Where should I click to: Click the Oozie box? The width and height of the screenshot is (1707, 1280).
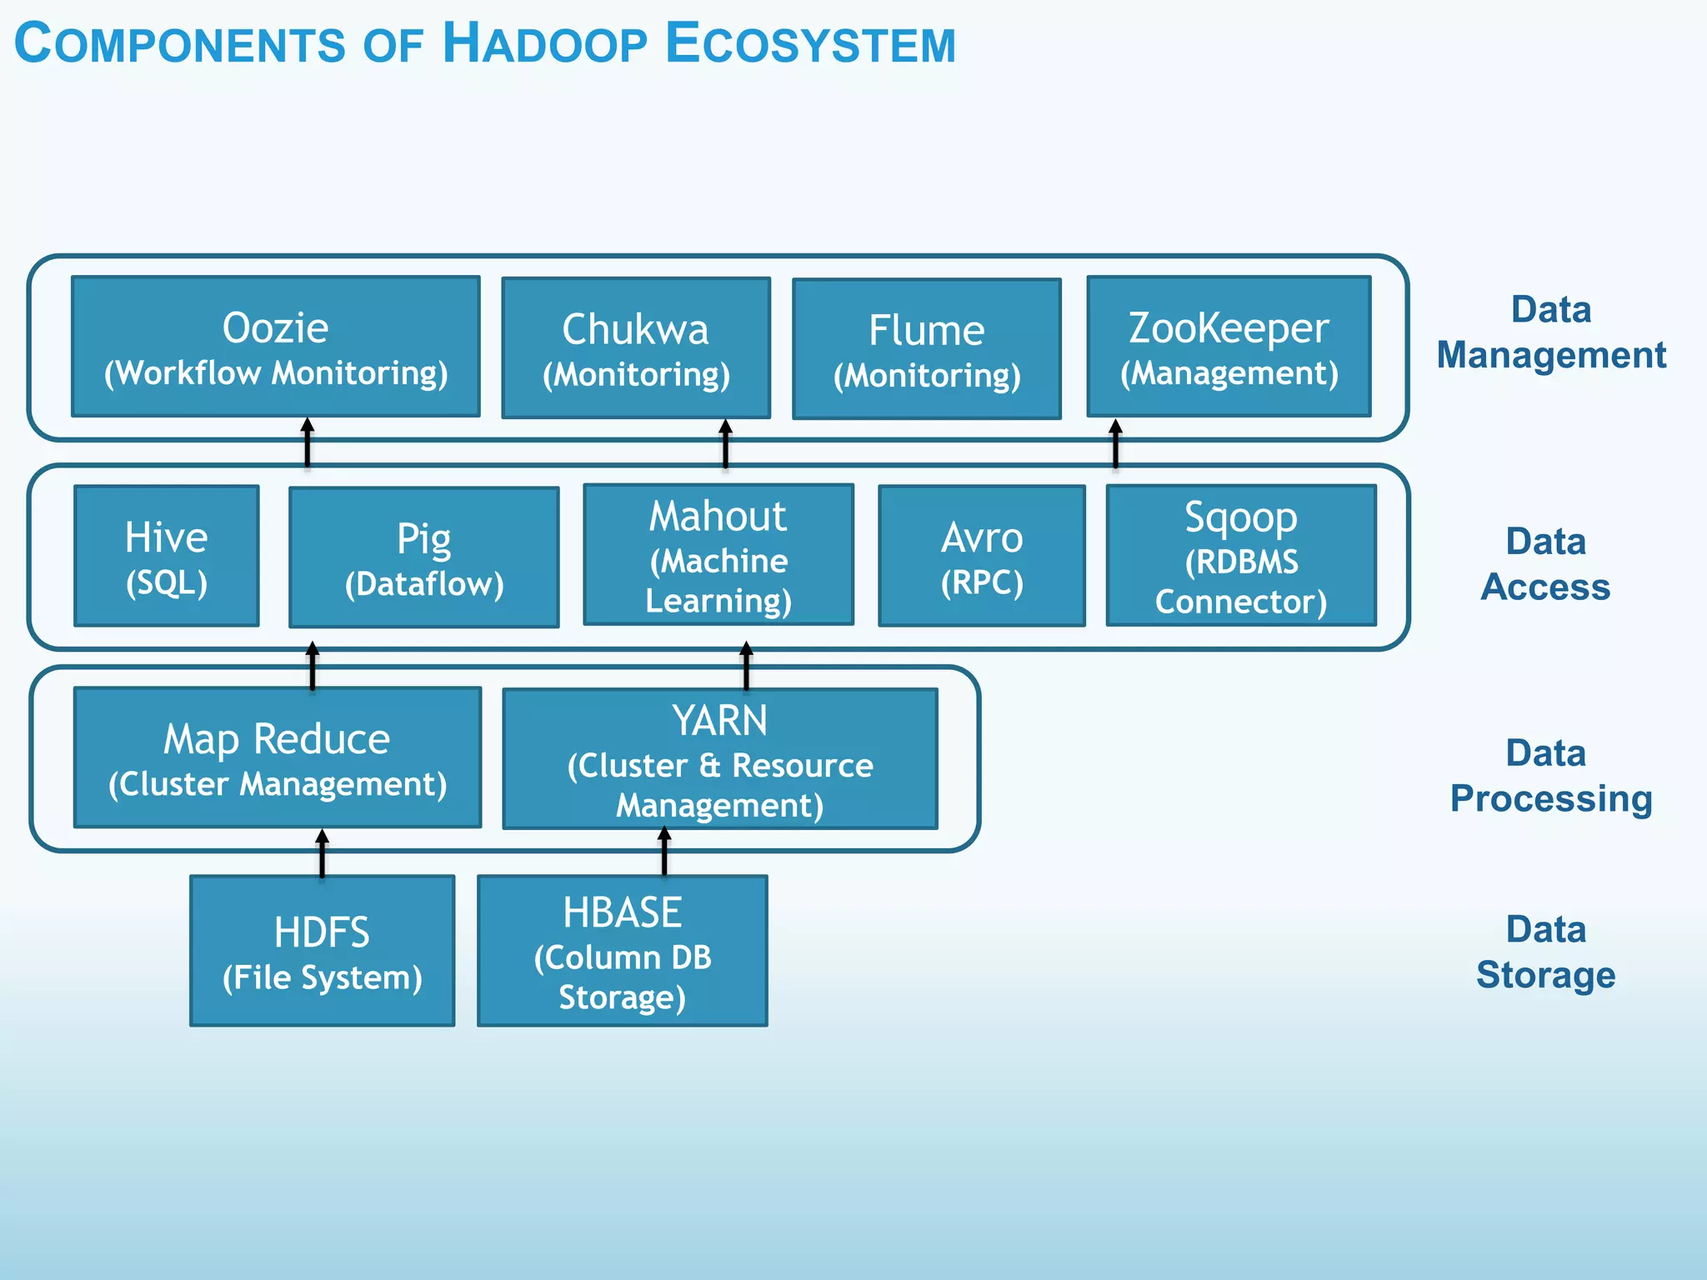tap(276, 347)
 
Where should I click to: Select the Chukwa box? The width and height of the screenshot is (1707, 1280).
tap(636, 348)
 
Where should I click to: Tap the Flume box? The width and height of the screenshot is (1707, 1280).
tap(927, 349)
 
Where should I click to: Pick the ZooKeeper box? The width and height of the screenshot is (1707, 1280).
tap(1229, 347)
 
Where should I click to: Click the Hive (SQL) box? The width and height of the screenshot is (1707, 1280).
tap(167, 556)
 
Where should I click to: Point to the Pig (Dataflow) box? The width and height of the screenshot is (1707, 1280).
tap(423, 557)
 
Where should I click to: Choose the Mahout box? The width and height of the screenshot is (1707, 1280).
tap(718, 555)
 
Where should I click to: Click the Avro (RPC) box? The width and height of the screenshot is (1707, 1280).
tap(982, 556)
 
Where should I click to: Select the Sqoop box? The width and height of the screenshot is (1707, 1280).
tap(1241, 556)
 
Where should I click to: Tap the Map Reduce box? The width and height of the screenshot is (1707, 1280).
tap(278, 757)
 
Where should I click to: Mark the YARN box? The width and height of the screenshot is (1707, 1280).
tap(720, 759)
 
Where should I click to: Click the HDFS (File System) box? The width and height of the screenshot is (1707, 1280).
tap(323, 951)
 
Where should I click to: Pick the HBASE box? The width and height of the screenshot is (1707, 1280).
tap(623, 951)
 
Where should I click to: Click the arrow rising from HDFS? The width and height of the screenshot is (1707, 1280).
tap(323, 853)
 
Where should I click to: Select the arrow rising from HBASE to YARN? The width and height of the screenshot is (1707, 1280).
tap(664, 852)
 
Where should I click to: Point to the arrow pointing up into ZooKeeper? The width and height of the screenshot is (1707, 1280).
tap(1115, 443)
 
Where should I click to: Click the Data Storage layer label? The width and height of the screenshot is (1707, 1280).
tap(1545, 952)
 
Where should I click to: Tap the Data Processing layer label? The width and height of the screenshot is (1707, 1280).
tap(1550, 776)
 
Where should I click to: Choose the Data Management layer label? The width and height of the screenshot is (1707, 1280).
tap(1550, 332)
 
